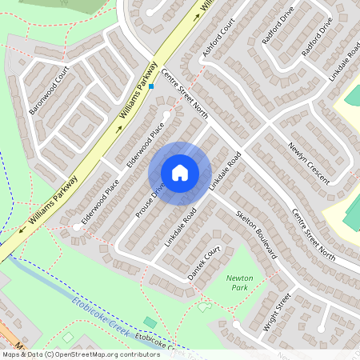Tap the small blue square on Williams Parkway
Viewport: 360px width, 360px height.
point(150,86)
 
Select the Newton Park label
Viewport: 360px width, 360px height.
point(240,282)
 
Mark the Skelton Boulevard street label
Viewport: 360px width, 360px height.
point(257,237)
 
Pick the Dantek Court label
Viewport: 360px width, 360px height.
point(202,263)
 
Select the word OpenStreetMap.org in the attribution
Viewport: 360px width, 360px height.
point(86,354)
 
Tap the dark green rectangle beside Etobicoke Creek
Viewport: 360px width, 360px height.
point(150,322)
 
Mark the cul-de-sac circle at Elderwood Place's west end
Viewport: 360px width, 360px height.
point(77,227)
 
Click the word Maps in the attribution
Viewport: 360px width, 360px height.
point(10,354)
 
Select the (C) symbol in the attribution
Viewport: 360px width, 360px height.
point(50,354)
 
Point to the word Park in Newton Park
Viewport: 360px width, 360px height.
point(240,288)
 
